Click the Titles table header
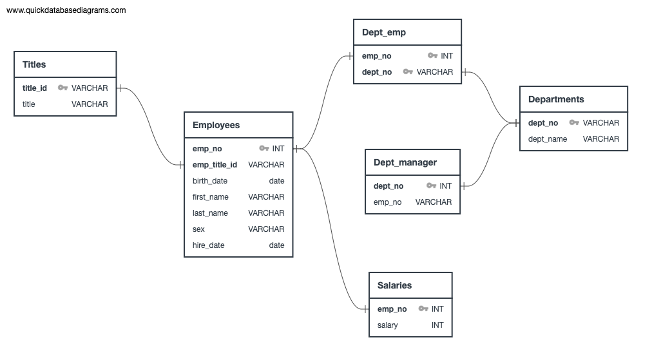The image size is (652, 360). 34,64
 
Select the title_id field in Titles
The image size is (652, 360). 35,88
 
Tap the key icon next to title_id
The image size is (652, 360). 62,88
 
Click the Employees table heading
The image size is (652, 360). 216,125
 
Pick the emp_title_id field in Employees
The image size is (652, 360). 215,165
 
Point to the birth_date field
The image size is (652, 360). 210,181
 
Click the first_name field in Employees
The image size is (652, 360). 211,197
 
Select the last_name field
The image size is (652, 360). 210,213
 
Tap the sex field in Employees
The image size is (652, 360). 198,229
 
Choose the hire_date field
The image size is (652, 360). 208,245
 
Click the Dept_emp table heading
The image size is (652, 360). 384,32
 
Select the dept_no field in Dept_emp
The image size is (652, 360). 377,72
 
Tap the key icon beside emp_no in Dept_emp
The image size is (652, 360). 432,56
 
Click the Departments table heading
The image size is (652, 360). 556,99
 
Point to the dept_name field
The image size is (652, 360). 548,139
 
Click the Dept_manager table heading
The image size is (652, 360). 405,162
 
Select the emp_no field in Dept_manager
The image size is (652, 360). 387,202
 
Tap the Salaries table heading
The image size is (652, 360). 394,285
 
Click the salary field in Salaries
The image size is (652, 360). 388,325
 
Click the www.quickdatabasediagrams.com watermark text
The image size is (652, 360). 66,10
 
